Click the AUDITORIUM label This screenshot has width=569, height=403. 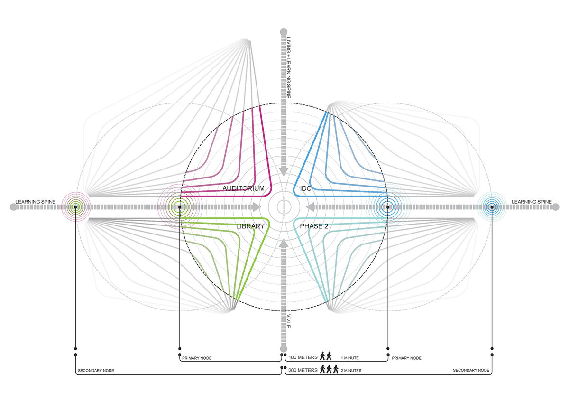[243, 188]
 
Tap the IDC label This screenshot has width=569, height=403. [305, 188]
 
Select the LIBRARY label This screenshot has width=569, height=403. [250, 226]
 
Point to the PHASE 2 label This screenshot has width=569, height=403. [314, 226]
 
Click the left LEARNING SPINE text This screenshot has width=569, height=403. [35, 202]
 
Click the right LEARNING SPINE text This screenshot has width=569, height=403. [532, 202]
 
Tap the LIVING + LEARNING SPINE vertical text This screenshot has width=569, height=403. [289, 67]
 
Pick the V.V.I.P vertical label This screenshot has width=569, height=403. [289, 321]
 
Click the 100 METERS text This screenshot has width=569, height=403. [303, 357]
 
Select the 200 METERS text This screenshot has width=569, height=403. [303, 370]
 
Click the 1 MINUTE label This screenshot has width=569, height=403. [350, 358]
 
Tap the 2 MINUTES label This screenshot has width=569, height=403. [351, 371]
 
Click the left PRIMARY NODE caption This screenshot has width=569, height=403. [197, 358]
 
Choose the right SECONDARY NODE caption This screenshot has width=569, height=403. [471, 370]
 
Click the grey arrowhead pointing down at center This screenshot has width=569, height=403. [284, 172]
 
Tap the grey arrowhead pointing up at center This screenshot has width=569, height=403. [284, 244]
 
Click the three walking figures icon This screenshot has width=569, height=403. [329, 369]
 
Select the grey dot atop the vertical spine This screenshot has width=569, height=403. [284, 32]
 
